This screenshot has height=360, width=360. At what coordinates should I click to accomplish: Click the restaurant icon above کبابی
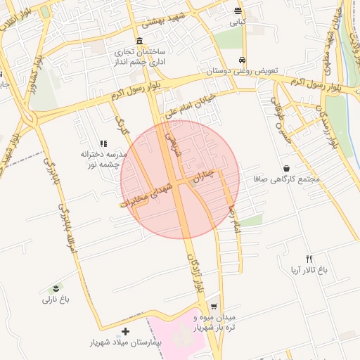point(238,11)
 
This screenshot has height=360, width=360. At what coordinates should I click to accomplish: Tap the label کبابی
point(238,22)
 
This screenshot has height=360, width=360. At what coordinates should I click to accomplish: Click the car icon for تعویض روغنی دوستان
point(243,60)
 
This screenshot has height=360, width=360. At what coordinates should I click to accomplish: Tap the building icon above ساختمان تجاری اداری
point(140,40)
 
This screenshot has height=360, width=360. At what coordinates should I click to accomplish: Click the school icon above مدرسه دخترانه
point(103,143)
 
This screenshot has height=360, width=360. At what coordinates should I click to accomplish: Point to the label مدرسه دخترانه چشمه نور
point(103,158)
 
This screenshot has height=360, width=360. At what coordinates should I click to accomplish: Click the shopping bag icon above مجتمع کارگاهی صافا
point(287,168)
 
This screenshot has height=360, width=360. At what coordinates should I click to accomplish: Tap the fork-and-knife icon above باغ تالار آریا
point(309,259)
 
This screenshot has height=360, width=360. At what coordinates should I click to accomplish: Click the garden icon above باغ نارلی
point(56,289)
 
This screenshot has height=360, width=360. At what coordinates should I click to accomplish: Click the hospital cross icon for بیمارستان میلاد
point(126,331)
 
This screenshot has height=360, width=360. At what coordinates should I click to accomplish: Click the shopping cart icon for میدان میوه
point(214,307)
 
